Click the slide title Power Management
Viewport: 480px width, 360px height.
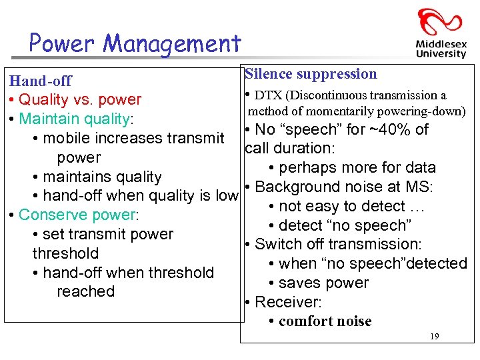(135, 44)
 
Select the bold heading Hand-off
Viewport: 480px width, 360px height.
(40, 81)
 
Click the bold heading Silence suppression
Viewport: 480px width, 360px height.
(311, 74)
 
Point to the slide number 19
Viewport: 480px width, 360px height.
(434, 337)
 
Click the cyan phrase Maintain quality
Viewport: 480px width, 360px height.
(75, 119)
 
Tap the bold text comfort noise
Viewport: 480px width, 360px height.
(325, 321)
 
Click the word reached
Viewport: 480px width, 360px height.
(85, 291)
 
